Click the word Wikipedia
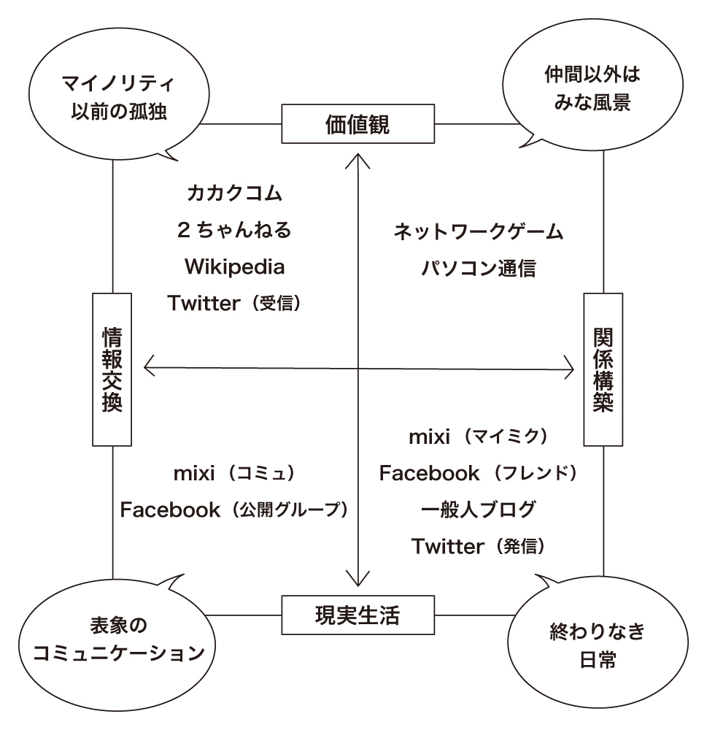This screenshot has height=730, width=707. tap(235, 266)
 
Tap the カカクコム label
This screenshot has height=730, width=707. tap(235, 193)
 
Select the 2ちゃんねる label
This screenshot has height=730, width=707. tap(235, 230)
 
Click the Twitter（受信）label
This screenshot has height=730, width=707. tap(235, 303)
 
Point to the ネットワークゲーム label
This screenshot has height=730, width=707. tap(479, 231)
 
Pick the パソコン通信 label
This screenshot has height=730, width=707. tap(479, 268)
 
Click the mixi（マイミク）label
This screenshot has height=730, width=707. tap(479, 437)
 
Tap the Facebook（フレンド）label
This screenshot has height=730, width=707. tap(479, 473)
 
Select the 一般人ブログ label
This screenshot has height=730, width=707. tap(479, 510)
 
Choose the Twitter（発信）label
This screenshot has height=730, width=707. tap(479, 546)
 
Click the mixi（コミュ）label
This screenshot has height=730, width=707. tap(235, 474)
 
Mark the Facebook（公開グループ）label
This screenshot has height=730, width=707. tap(235, 510)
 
